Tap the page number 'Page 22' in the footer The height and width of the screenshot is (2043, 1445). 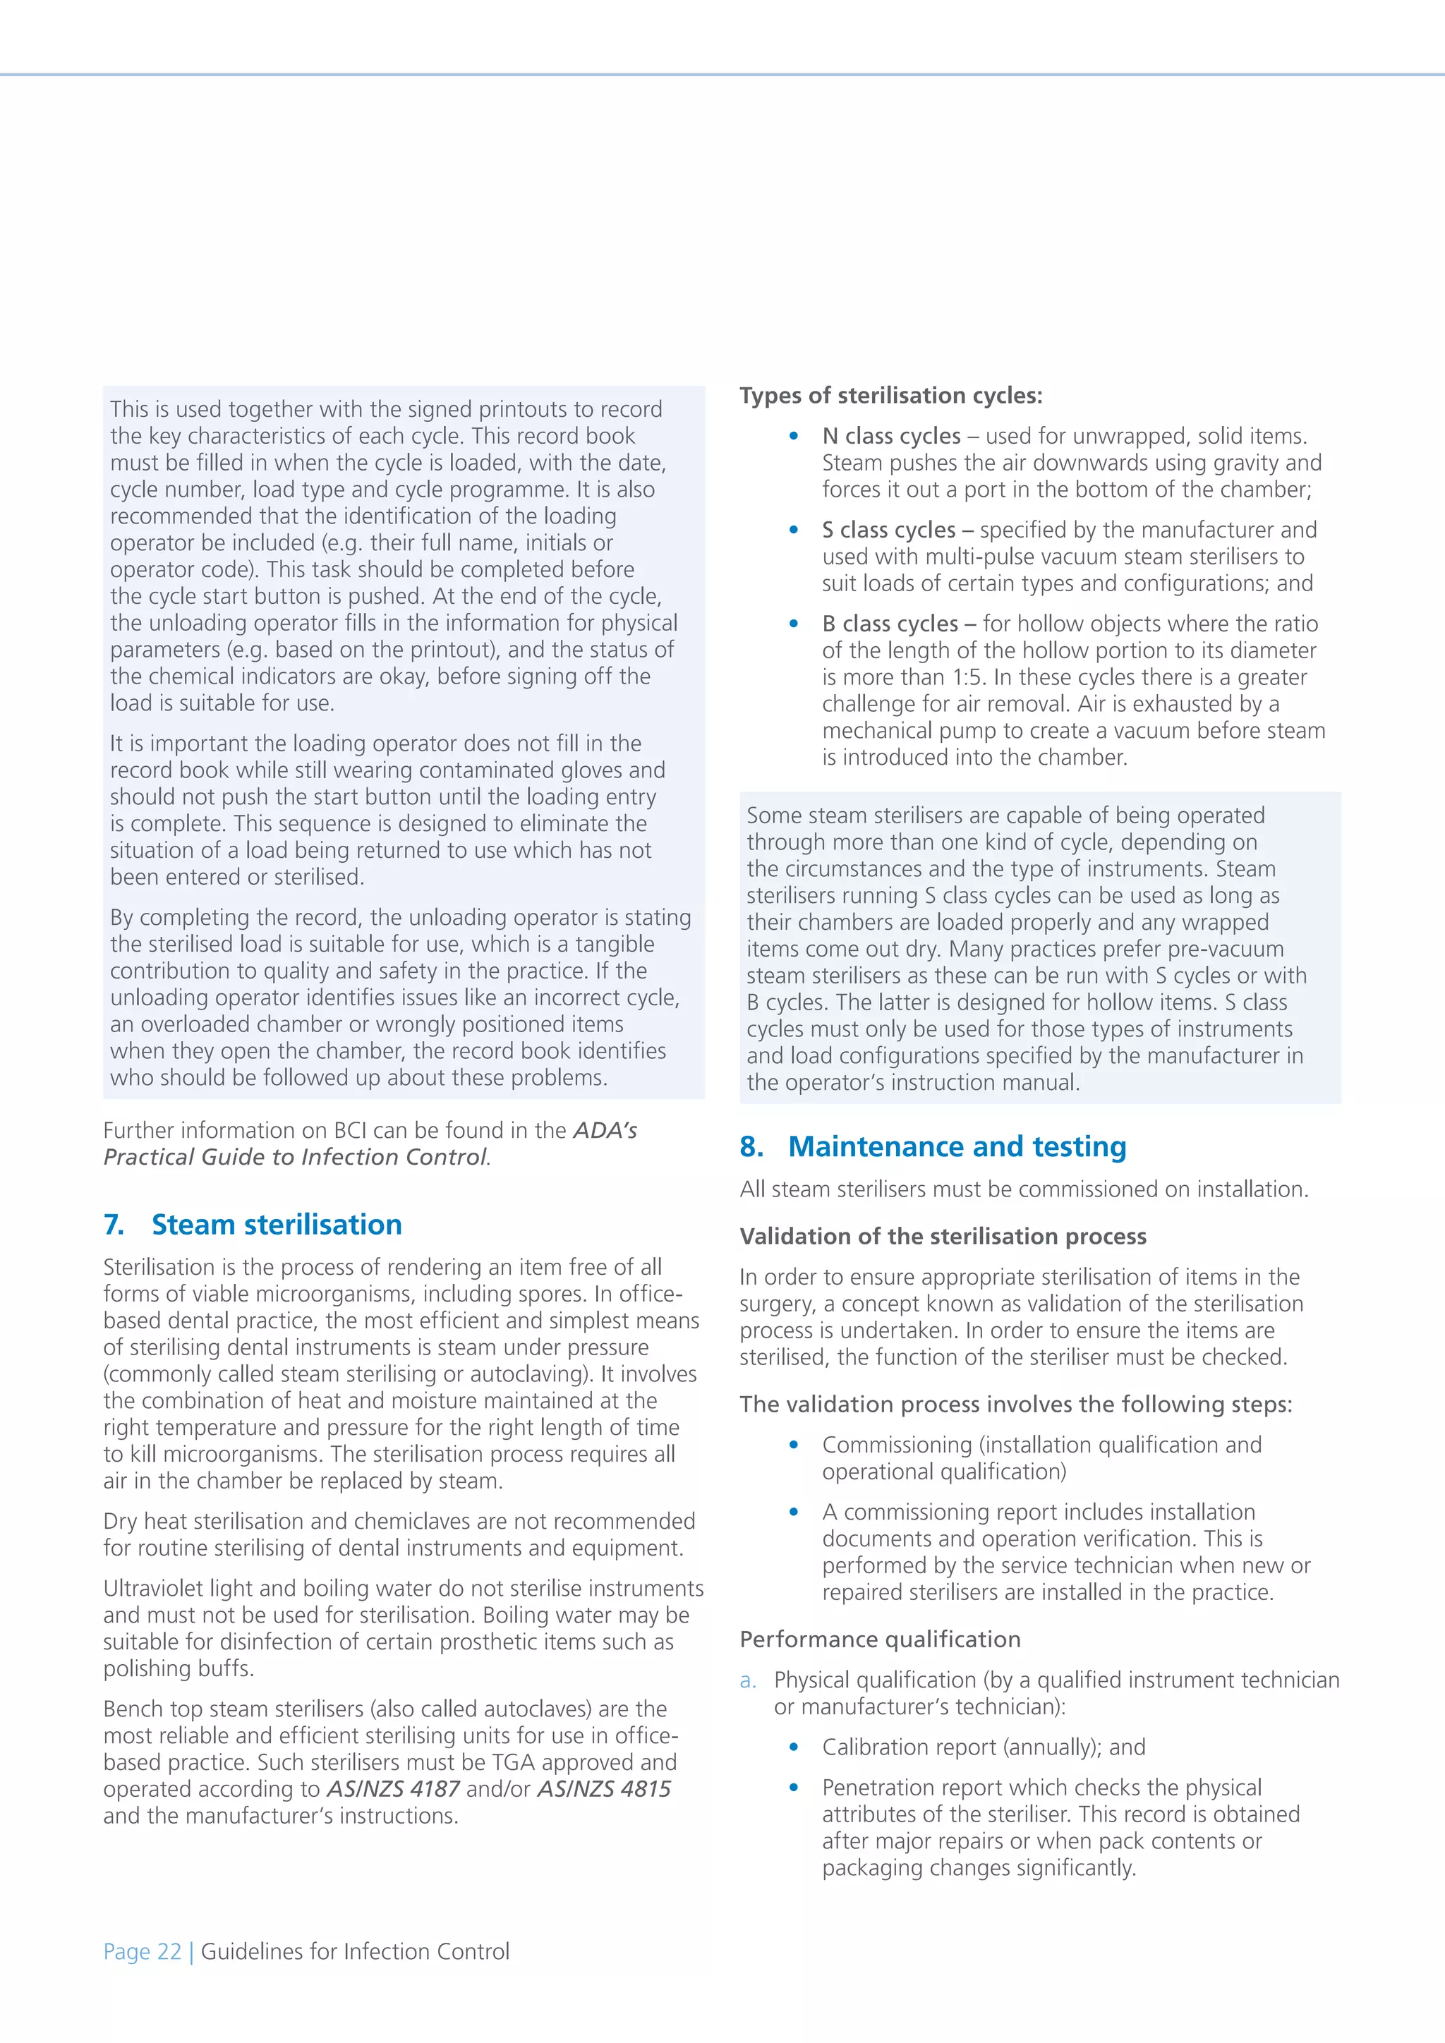pyautogui.click(x=142, y=1951)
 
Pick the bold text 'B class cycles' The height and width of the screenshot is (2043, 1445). pyautogui.click(x=889, y=623)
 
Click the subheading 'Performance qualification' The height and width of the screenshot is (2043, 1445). pyautogui.click(x=880, y=1639)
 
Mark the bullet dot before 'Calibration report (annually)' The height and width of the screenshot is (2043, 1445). pyautogui.click(x=794, y=1747)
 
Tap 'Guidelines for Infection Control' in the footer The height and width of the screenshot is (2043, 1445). pyautogui.click(x=355, y=1951)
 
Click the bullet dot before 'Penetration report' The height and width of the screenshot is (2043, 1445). pyautogui.click(x=794, y=1788)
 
